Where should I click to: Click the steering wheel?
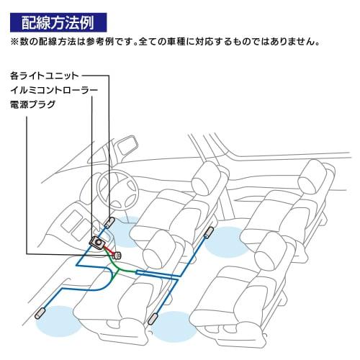[115, 189]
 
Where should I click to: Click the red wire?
[107, 249]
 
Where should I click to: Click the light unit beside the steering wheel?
[110, 222]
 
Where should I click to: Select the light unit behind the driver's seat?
[210, 233]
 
